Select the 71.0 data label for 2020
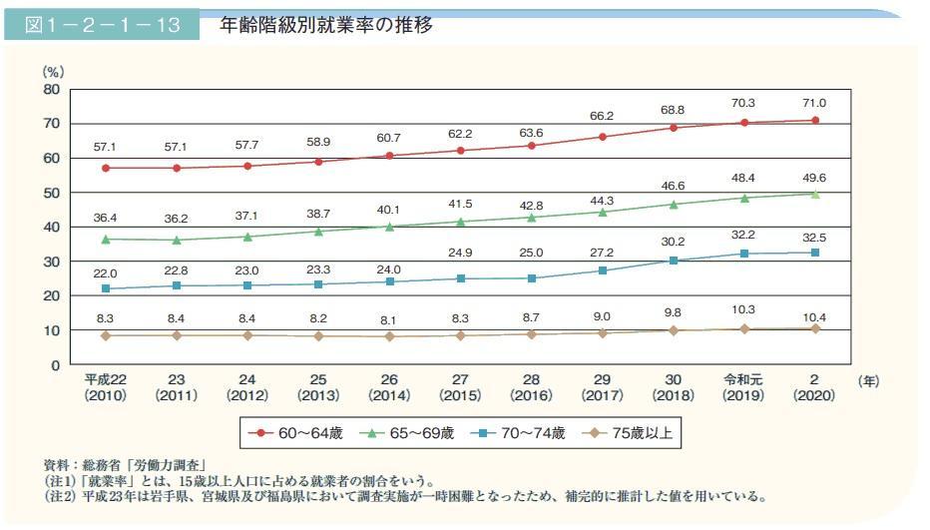[x=815, y=103]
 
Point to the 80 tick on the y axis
[x=51, y=89]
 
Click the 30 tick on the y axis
[x=51, y=262]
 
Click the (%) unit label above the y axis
[x=53, y=71]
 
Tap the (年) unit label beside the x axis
[x=869, y=380]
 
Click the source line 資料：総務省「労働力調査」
[x=125, y=465]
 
